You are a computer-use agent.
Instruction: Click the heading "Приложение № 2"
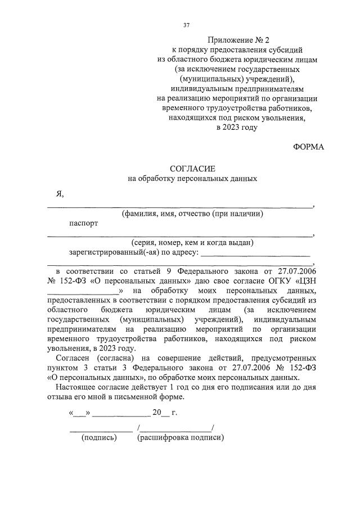pos(238,40)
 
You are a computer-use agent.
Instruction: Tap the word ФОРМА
pos(309,147)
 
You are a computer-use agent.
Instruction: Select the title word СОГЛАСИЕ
pos(193,169)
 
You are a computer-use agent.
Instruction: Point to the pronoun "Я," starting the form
pos(59,194)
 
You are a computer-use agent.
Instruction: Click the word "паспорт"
pos(83,223)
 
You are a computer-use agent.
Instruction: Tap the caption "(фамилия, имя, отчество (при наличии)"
pos(193,214)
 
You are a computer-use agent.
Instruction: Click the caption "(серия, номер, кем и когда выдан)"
pos(193,243)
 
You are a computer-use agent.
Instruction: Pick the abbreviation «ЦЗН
pos(304,281)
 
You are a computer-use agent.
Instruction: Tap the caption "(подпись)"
pos(99,438)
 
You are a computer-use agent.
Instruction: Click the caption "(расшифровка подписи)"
pos(181,438)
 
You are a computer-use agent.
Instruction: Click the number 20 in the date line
pos(157,414)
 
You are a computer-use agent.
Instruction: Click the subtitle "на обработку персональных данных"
pos(193,179)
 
